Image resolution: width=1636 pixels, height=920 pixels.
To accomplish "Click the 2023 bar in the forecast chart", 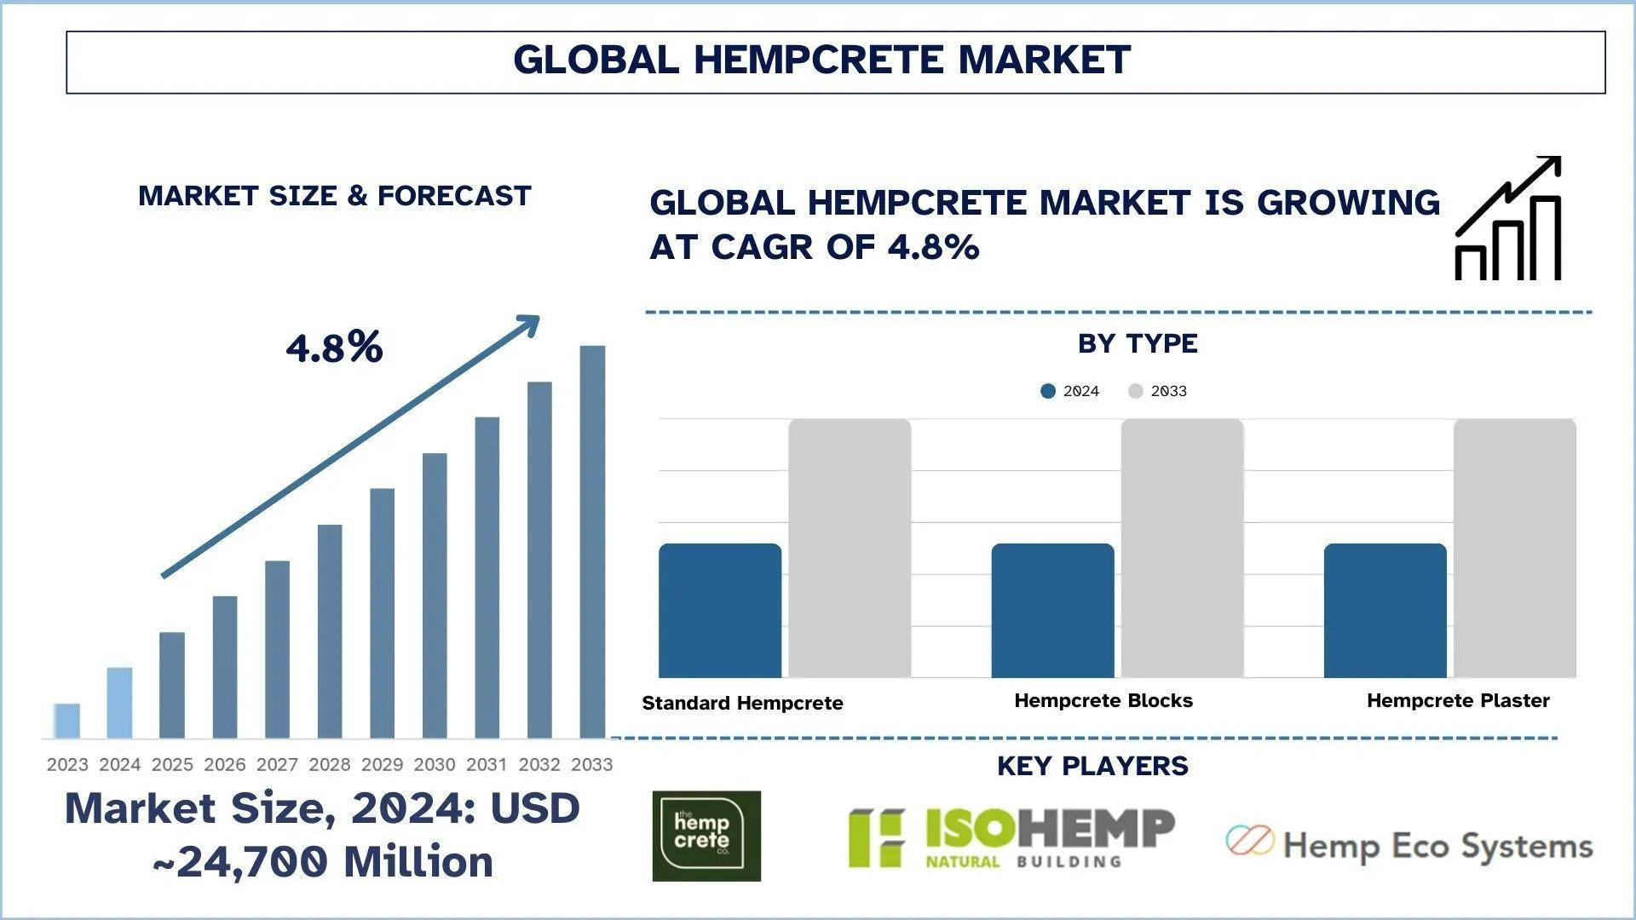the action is pos(66,721).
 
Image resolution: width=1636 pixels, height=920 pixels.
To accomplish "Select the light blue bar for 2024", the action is pos(119,703).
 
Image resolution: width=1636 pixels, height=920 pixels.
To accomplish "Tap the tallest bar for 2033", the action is pos(592,542).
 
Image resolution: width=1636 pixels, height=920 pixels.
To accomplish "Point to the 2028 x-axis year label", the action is pos(330,764).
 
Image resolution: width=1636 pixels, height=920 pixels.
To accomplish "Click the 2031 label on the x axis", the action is pos(487,764).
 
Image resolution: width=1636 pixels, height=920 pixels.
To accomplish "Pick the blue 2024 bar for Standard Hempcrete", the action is pos(720,611).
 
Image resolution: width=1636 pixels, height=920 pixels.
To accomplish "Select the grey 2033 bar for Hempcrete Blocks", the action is pos(1182,549).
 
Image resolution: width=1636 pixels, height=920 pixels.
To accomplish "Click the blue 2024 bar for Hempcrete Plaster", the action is pos(1385,611).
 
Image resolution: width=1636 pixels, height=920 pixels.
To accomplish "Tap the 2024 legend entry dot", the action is pos(1048,391).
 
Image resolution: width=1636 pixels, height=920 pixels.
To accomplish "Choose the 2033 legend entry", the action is pos(1157,391).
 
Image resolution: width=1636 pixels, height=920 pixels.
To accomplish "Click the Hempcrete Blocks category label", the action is pos(1103,701).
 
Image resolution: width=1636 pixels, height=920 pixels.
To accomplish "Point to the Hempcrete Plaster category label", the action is pos(1458,701).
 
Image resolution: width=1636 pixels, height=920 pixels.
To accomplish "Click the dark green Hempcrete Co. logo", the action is pos(706,836).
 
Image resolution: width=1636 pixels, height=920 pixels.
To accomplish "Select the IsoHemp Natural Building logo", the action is pos(1011,838).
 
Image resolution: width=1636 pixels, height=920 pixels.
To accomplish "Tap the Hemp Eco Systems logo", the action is pos(1409,844).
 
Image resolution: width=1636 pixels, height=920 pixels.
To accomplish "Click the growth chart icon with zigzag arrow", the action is pos(1508,218).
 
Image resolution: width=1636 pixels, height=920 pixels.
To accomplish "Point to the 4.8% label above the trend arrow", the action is pos(334,348).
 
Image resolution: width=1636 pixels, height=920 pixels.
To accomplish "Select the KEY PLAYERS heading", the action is pos(1092,766).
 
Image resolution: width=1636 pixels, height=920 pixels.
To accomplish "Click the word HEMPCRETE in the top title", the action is pos(820,60).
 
